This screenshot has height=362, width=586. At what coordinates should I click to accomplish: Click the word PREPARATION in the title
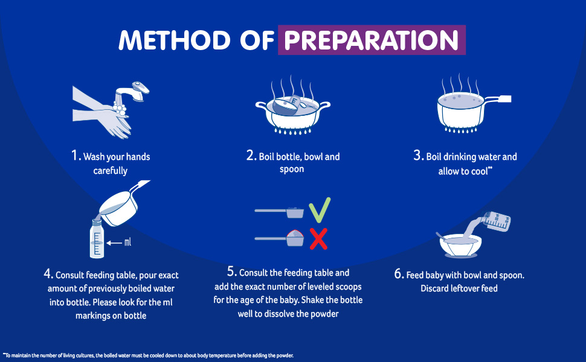coord(371,40)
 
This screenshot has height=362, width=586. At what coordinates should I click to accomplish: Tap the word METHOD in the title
coord(174,40)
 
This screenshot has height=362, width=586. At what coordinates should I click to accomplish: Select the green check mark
coord(320,210)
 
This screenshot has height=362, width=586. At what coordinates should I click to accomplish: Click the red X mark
coord(318,239)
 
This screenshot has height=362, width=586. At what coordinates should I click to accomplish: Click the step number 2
coord(251,155)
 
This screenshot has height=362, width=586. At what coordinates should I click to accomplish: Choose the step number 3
coord(418,155)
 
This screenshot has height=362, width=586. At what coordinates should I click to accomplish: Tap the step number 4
coord(48,273)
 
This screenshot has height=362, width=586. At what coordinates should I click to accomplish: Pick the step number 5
coord(232,271)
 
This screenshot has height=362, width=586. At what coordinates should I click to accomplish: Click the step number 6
coord(398,273)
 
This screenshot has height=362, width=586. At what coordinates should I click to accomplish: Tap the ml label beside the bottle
coord(128,242)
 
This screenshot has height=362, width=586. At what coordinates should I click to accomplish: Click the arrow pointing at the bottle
coord(114,243)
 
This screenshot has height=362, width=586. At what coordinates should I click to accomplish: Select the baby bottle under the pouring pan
coord(97,238)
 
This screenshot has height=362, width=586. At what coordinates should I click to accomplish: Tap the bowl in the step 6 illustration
coord(460,246)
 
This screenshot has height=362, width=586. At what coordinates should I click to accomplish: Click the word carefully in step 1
coord(110,171)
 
